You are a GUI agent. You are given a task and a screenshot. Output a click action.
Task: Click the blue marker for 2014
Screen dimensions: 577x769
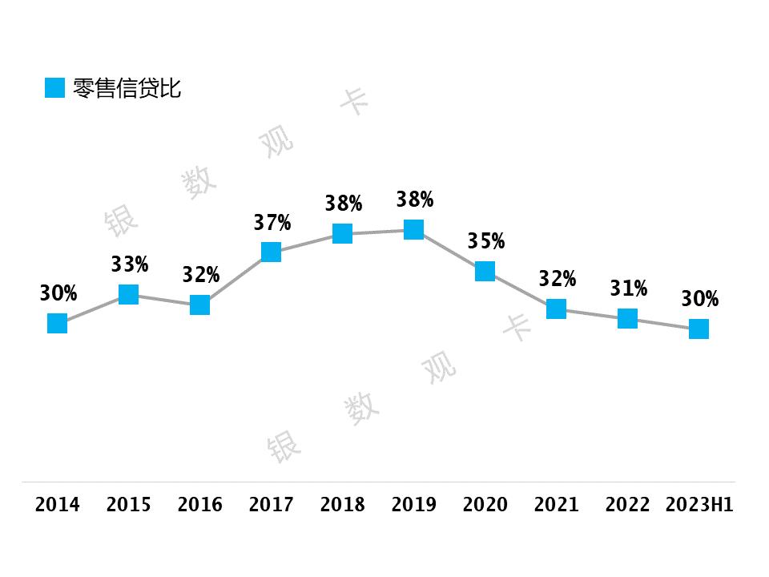(x=57, y=323)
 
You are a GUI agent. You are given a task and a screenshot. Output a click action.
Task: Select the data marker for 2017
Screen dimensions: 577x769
(x=271, y=252)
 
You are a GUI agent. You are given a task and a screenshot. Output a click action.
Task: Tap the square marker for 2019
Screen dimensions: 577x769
(x=413, y=229)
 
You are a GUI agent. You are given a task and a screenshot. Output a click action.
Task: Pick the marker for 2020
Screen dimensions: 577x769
(x=485, y=272)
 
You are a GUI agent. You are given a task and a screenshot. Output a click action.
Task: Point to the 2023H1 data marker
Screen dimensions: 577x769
(x=699, y=329)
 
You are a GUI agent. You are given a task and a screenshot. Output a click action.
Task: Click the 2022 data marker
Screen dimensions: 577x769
(x=627, y=318)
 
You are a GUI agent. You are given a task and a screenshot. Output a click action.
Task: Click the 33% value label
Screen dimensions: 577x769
(x=129, y=264)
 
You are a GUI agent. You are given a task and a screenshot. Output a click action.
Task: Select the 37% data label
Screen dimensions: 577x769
(x=272, y=223)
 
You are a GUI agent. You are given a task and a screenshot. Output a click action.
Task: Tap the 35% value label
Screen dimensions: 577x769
(x=485, y=241)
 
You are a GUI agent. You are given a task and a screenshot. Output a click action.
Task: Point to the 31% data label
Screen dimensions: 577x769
(x=628, y=288)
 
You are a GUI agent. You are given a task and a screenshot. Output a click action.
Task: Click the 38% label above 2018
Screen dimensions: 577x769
(x=343, y=204)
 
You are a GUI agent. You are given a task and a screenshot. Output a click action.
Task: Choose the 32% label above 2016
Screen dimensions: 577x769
(x=200, y=275)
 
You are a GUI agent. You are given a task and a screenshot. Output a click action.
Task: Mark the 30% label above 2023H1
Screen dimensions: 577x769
(x=699, y=299)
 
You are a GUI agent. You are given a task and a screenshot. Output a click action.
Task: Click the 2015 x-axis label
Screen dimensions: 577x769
(x=129, y=504)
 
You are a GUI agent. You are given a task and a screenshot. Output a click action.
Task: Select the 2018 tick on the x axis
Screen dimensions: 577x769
(x=343, y=504)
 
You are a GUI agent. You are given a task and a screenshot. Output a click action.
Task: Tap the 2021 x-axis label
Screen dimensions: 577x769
(x=557, y=504)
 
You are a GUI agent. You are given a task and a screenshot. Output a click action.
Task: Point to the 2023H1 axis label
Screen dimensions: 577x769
(x=699, y=504)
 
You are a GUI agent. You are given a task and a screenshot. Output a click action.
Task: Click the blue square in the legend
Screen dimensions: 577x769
(x=54, y=88)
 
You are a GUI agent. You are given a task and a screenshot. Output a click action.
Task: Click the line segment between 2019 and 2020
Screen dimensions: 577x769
(x=449, y=251)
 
